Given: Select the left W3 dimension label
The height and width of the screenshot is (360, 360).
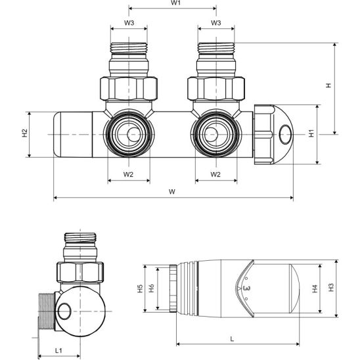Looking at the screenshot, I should coord(129,23).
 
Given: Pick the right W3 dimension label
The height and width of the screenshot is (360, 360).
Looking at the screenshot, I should coord(215,23).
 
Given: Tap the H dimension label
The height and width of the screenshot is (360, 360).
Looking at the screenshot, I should coord(329,85).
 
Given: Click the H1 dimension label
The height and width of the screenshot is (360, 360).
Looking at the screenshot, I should coord(311,133).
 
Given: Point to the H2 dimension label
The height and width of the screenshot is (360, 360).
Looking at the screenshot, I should coord(24,133).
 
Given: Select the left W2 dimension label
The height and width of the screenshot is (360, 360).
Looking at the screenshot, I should coord(129,175).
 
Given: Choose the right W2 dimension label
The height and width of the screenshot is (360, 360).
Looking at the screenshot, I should coord(215,175).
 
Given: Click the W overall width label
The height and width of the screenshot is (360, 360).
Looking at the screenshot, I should coord(172,192).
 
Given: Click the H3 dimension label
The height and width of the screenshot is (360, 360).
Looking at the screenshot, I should coord(332,287).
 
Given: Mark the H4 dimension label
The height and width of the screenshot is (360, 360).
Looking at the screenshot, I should coord(315,287).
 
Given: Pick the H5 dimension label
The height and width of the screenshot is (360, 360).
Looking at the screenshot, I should coord(139,288).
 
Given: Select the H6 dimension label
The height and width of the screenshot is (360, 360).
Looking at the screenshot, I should coord(151,288).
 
